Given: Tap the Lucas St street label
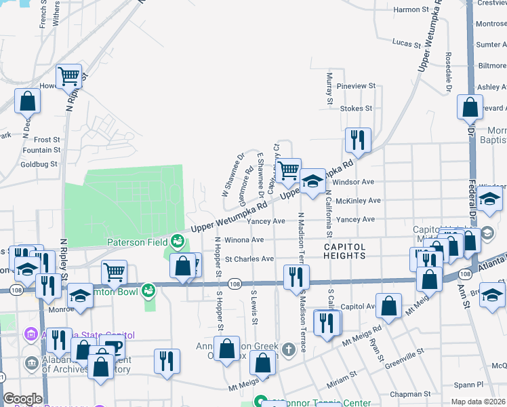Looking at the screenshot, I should [x=406, y=43].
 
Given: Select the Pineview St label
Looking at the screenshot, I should [x=356, y=86].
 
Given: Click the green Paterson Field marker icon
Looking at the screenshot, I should [x=177, y=241].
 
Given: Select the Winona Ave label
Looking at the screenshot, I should [x=243, y=239].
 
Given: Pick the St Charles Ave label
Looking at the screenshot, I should [x=249, y=258].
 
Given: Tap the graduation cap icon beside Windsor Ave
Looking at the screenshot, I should [x=312, y=182].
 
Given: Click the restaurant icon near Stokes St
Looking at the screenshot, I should [x=357, y=140].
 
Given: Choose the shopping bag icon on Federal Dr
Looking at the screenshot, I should [x=470, y=107].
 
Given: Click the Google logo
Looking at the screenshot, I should [x=22, y=399].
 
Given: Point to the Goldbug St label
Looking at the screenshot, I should [x=40, y=164].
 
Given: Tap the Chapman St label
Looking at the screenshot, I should [x=409, y=393].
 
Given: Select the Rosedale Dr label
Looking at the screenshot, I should [x=448, y=71].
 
